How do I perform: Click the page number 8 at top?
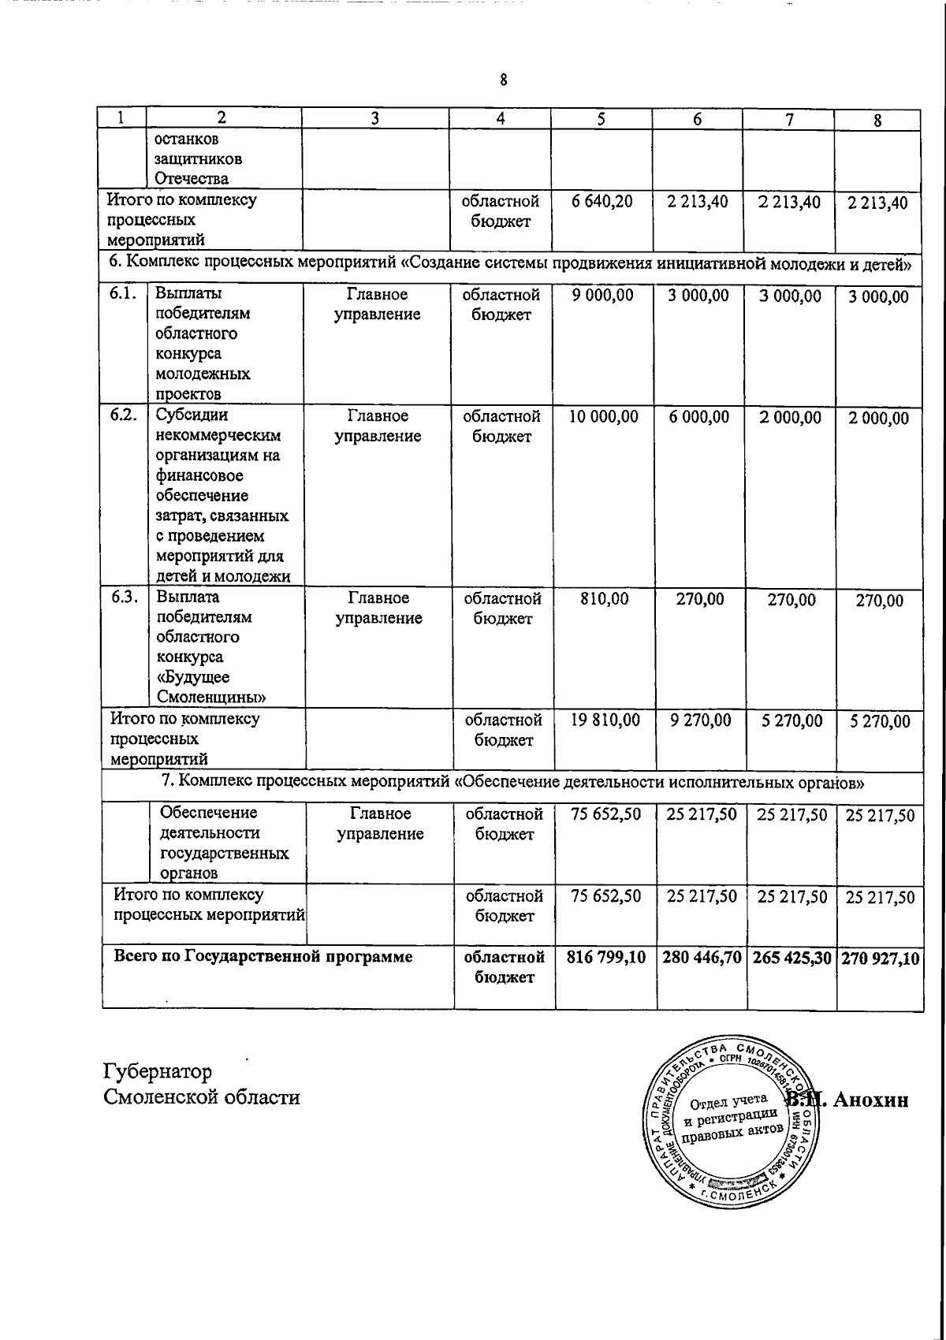503,80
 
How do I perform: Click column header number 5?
601,119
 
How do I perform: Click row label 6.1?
124,295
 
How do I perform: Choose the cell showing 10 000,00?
603,417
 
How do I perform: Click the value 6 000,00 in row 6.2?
699,417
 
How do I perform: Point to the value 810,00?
604,600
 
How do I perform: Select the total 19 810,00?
604,720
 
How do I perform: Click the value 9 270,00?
700,720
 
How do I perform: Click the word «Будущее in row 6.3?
193,677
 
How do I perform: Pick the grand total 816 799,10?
605,958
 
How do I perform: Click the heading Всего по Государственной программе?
263,957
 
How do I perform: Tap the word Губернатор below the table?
157,1072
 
